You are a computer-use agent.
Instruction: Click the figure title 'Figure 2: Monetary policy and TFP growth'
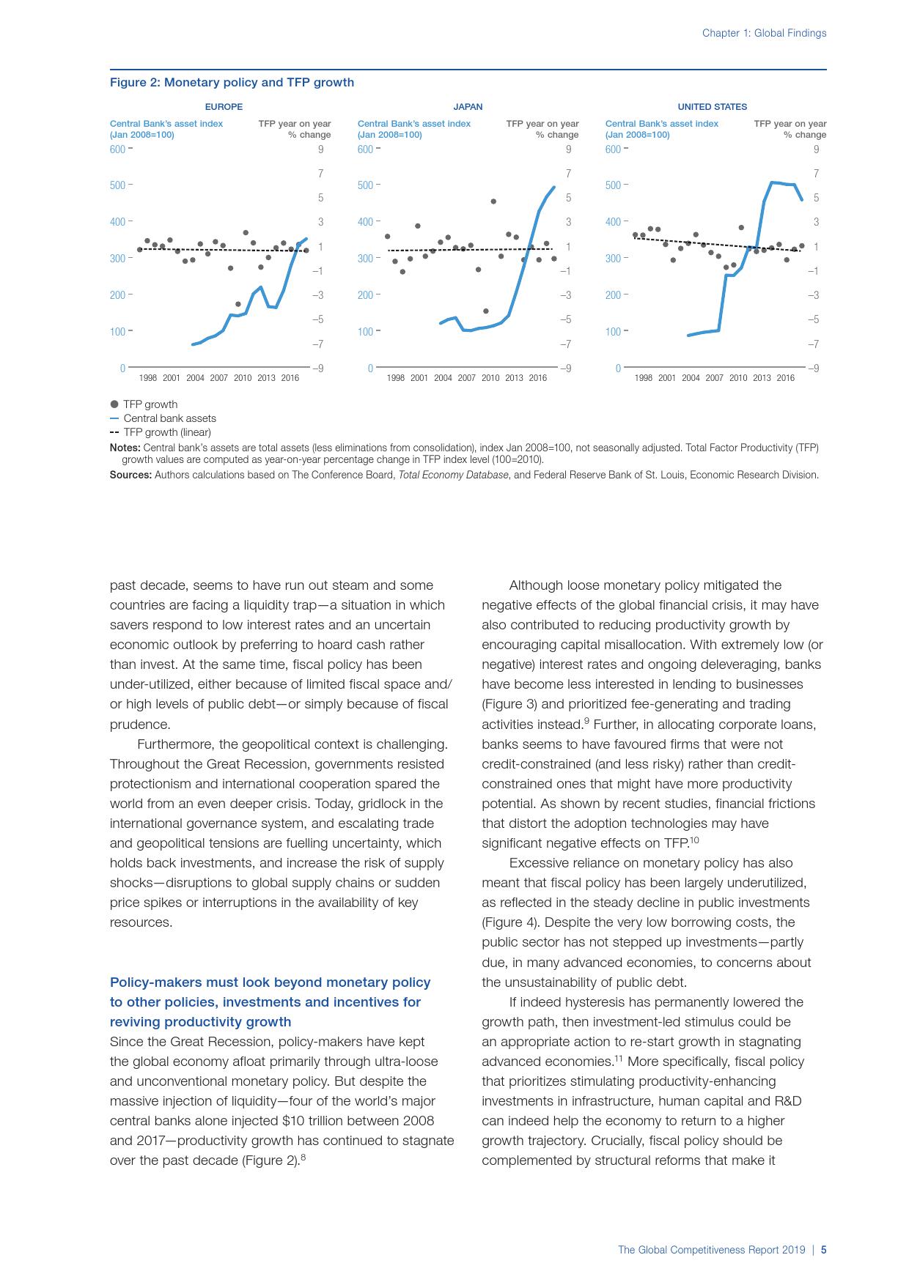click(x=232, y=82)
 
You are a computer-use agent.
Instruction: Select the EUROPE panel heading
click(x=224, y=107)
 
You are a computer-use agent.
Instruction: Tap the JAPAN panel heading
click(x=468, y=107)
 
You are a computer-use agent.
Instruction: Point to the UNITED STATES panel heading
click(x=712, y=107)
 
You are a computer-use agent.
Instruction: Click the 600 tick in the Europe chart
click(x=117, y=149)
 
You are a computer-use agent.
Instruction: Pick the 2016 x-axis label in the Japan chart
click(x=537, y=378)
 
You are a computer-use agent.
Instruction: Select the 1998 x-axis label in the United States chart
click(x=643, y=378)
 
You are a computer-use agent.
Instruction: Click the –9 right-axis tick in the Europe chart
click(x=317, y=369)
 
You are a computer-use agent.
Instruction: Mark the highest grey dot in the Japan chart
click(x=493, y=201)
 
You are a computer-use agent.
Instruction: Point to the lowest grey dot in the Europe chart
click(x=238, y=304)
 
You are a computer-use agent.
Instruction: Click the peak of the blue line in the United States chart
click(x=773, y=182)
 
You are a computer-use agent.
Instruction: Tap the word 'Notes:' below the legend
click(x=125, y=448)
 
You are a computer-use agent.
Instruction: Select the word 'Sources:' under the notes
click(x=130, y=475)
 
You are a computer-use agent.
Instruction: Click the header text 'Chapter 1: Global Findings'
click(x=764, y=33)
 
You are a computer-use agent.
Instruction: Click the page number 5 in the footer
click(x=823, y=1250)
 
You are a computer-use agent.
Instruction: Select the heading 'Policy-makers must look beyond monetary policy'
click(x=270, y=982)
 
